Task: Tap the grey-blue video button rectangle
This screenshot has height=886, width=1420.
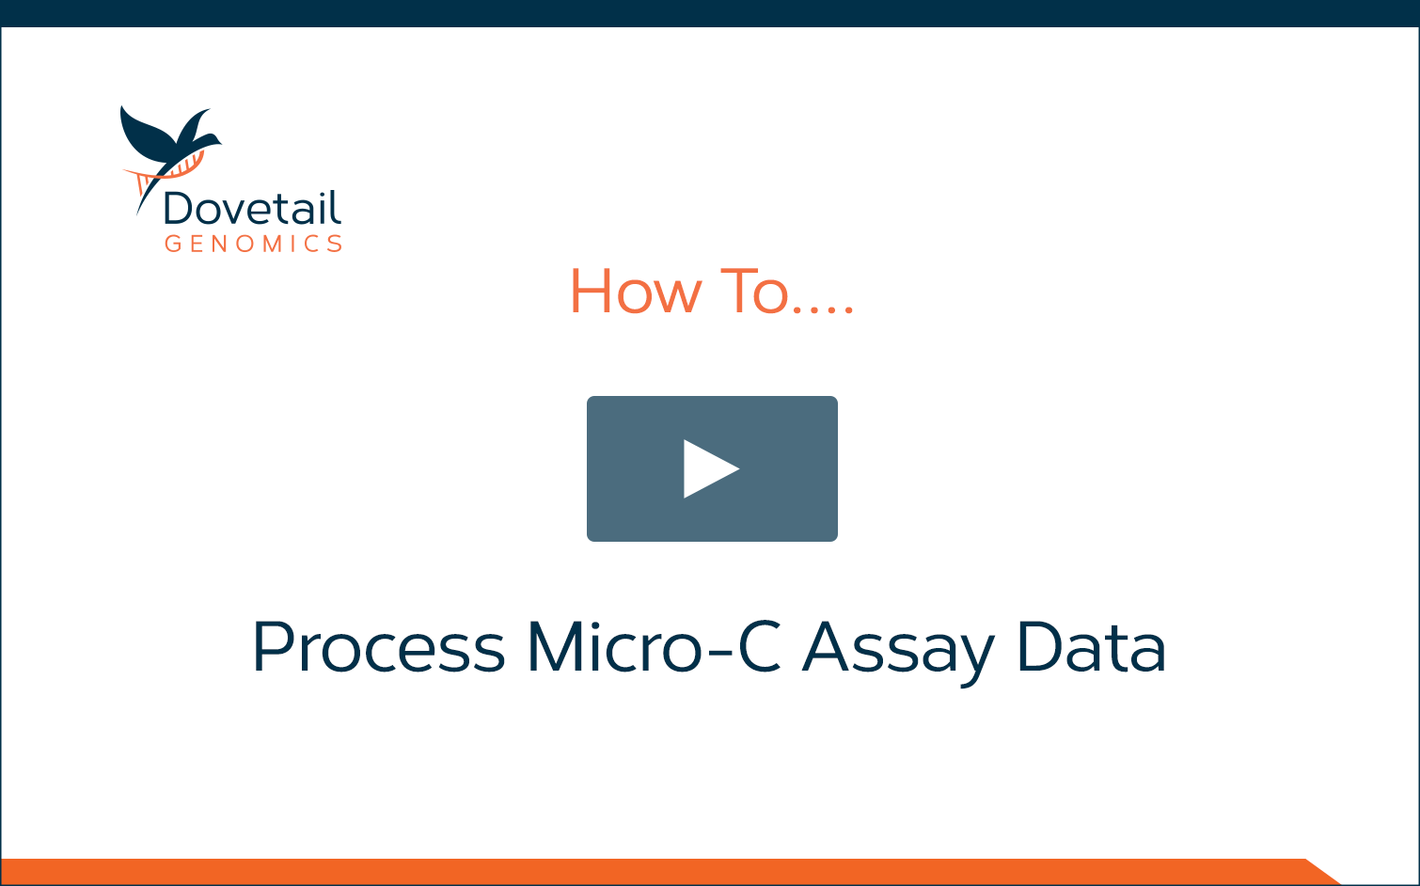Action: pos(712,468)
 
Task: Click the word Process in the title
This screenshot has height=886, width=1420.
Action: pos(378,646)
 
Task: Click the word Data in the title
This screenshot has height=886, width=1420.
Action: pos(1091,646)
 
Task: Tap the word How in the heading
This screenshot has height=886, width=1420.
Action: pos(637,291)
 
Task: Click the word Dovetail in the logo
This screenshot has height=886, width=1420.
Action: pos(252,208)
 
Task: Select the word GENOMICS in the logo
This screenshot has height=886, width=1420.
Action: pos(254,244)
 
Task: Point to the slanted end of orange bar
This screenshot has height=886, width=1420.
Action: pos(1324,872)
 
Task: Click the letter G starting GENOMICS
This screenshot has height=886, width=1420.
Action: pos(173,244)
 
